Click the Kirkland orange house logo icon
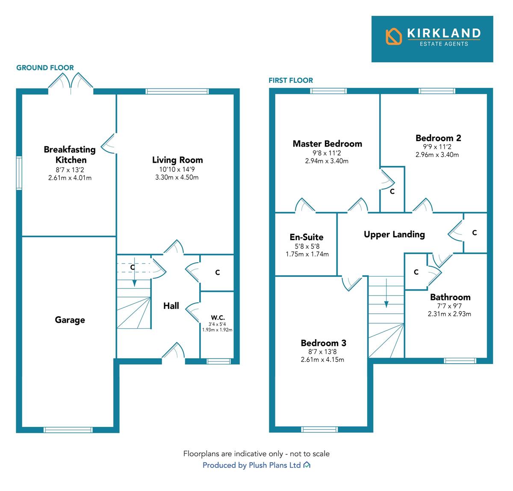tap(394, 36)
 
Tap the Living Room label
tap(177, 160)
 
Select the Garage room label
tap(70, 320)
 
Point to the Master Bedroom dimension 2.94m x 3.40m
tap(327, 161)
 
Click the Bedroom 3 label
tap(323, 343)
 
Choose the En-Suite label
tap(307, 237)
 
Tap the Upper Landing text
tap(394, 234)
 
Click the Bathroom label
tap(450, 297)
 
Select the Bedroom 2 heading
tap(438, 138)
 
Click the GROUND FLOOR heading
tap(45, 68)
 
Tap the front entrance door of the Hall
tap(174, 353)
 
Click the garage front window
tap(68, 430)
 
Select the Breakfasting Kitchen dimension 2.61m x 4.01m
tap(70, 177)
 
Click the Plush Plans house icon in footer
tap(307, 465)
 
